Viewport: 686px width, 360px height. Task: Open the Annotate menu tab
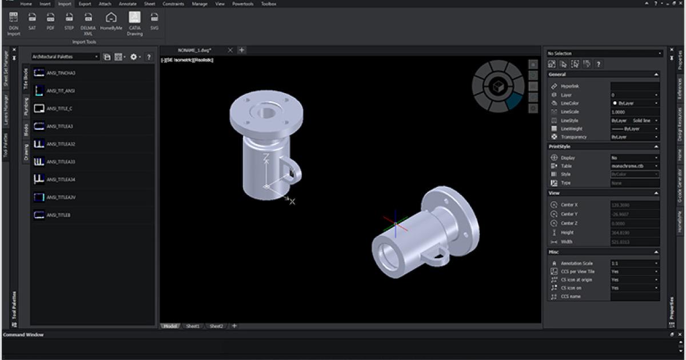tap(127, 3)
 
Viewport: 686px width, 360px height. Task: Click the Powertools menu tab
tap(242, 3)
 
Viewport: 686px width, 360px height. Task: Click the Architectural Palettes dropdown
tap(65, 57)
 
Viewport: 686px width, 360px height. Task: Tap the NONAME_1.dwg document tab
tap(194, 50)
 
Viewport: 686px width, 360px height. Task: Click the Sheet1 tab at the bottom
tap(193, 326)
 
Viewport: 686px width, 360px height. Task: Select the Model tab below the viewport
tap(170, 326)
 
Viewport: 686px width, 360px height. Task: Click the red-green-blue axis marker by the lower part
tap(396, 224)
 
